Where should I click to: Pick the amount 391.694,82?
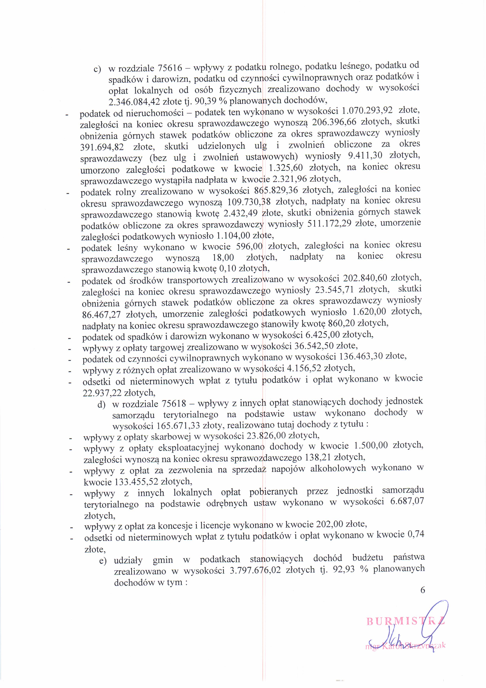(102, 147)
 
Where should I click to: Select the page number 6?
(423, 590)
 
